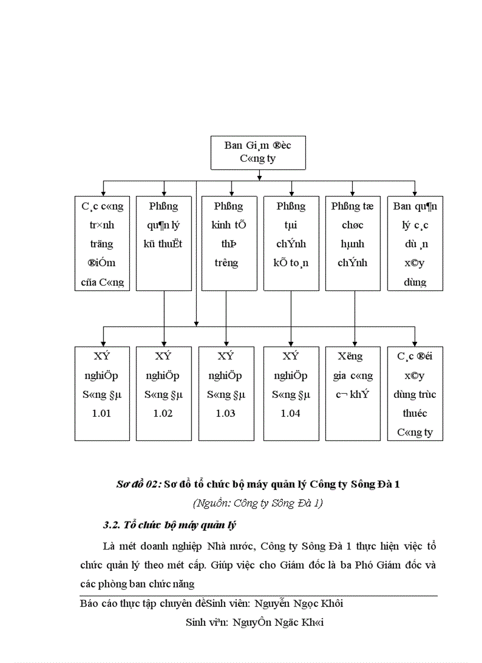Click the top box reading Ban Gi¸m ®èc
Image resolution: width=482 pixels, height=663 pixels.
[258, 152]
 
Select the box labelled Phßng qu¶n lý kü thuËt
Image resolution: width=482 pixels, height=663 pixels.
[164, 243]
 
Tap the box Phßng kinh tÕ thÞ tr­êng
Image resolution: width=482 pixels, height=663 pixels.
[229, 243]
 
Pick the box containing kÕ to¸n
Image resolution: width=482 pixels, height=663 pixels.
[291, 243]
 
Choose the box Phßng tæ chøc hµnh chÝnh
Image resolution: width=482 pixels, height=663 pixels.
[353, 243]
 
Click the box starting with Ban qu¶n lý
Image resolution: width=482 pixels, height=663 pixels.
[415, 243]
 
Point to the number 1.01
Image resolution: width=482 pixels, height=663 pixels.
[102, 413]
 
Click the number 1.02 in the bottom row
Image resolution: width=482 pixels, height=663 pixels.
[163, 413]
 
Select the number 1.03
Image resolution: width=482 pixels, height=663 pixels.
[226, 413]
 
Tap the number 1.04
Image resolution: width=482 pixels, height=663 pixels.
[291, 413]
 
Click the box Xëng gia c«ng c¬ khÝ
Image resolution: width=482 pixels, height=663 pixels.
[353, 393]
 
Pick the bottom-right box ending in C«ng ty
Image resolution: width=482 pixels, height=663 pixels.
[415, 393]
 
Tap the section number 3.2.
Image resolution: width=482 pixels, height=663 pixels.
[111, 525]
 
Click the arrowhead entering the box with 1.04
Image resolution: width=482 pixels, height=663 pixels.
[291, 343]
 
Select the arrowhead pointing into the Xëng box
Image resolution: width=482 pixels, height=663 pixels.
[353, 343]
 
